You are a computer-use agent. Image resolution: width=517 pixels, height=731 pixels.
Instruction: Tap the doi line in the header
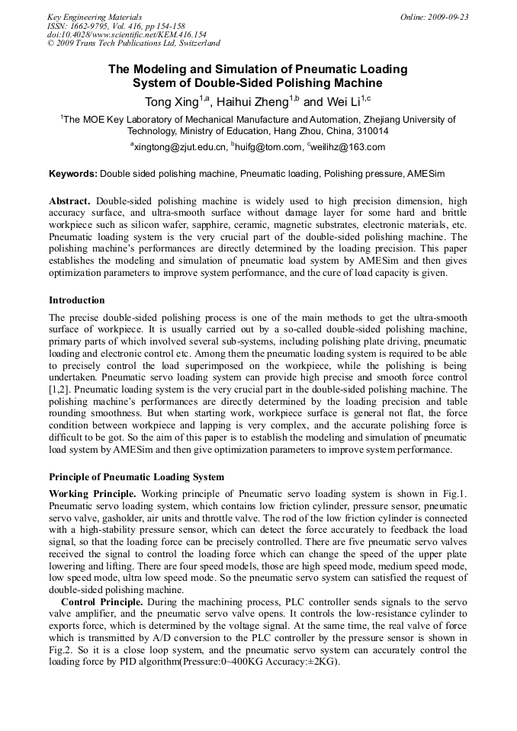click(x=127, y=34)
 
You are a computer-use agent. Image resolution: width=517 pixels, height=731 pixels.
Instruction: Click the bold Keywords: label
click(x=73, y=174)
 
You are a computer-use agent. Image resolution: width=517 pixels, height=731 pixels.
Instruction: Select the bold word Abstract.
click(x=69, y=201)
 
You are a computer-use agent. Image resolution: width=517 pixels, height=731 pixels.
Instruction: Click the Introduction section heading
click(x=77, y=300)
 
